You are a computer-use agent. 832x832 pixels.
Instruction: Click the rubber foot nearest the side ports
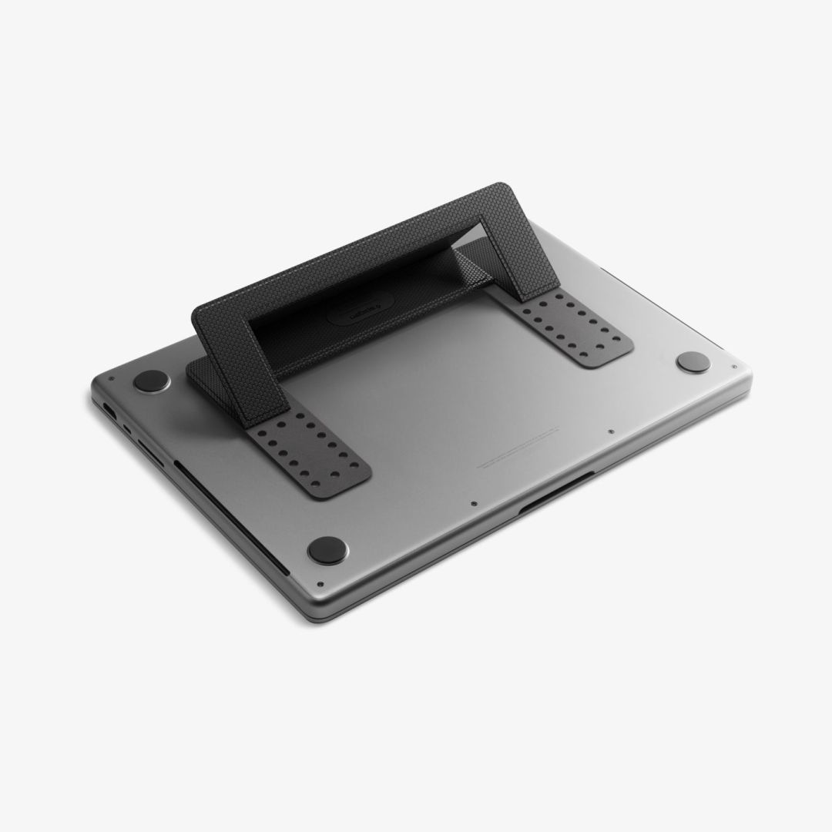pyautogui.click(x=151, y=381)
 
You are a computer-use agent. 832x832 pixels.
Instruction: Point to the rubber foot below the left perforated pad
pyautogui.click(x=327, y=549)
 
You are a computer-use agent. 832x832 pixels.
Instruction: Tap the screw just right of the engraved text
pyautogui.click(x=610, y=432)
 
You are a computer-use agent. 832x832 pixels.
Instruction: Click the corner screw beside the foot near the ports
pyautogui.click(x=112, y=378)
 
